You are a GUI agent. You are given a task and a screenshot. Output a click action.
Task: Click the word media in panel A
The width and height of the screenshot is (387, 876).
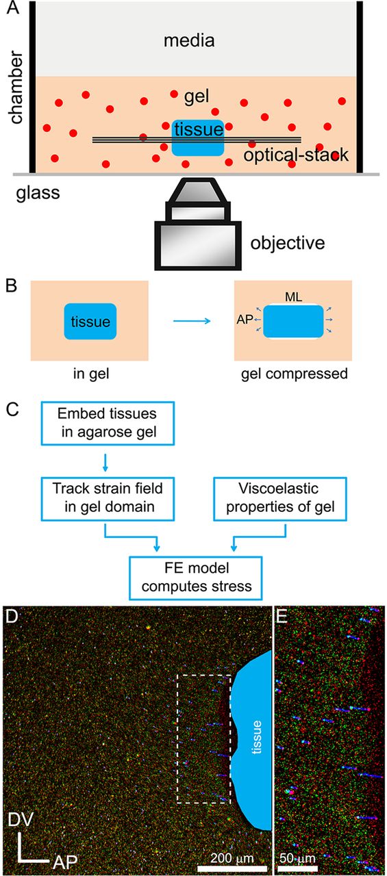pyautogui.click(x=189, y=40)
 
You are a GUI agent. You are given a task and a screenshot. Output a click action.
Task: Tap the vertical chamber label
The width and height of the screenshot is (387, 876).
pyautogui.click(x=16, y=87)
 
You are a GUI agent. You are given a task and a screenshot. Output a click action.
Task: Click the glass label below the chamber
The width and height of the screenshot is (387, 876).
pyautogui.click(x=38, y=193)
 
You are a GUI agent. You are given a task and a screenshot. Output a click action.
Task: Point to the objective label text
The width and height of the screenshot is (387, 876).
pyautogui.click(x=288, y=243)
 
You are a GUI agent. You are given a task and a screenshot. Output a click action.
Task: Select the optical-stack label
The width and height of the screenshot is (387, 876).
pyautogui.click(x=296, y=155)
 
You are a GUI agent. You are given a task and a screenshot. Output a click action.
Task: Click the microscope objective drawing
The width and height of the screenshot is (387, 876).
pyautogui.click(x=197, y=224)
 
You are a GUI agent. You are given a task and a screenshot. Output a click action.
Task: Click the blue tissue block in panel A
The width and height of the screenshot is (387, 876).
pyautogui.click(x=198, y=138)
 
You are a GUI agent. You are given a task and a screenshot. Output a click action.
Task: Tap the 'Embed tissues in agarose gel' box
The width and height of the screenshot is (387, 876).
pyautogui.click(x=108, y=423)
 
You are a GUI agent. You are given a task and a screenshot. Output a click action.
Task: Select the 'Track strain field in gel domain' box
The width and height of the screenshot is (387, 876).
pyautogui.click(x=108, y=499)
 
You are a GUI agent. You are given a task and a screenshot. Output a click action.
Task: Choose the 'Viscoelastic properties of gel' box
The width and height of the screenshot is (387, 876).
pyautogui.click(x=280, y=499)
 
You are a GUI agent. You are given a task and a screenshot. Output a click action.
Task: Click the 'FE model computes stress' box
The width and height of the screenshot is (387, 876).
pyautogui.click(x=196, y=578)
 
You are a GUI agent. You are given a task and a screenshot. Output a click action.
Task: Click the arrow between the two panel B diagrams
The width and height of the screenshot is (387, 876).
pyautogui.click(x=192, y=321)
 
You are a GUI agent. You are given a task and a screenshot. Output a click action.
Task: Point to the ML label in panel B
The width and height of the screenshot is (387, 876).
pyautogui.click(x=293, y=297)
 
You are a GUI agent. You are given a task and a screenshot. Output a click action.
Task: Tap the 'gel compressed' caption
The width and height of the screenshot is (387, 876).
pyautogui.click(x=295, y=374)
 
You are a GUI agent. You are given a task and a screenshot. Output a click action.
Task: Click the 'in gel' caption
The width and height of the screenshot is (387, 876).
pyautogui.click(x=91, y=374)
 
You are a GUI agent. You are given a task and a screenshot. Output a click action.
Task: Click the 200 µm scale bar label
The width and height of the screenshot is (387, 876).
pyautogui.click(x=232, y=858)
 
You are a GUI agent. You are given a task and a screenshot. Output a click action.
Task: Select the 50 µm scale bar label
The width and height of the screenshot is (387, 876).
pyautogui.click(x=297, y=858)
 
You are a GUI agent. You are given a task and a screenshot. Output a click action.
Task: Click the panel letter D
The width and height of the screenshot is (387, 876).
pyautogui.click(x=12, y=617)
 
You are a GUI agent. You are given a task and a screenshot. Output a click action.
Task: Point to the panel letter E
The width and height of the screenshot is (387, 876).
pyautogui.click(x=282, y=617)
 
